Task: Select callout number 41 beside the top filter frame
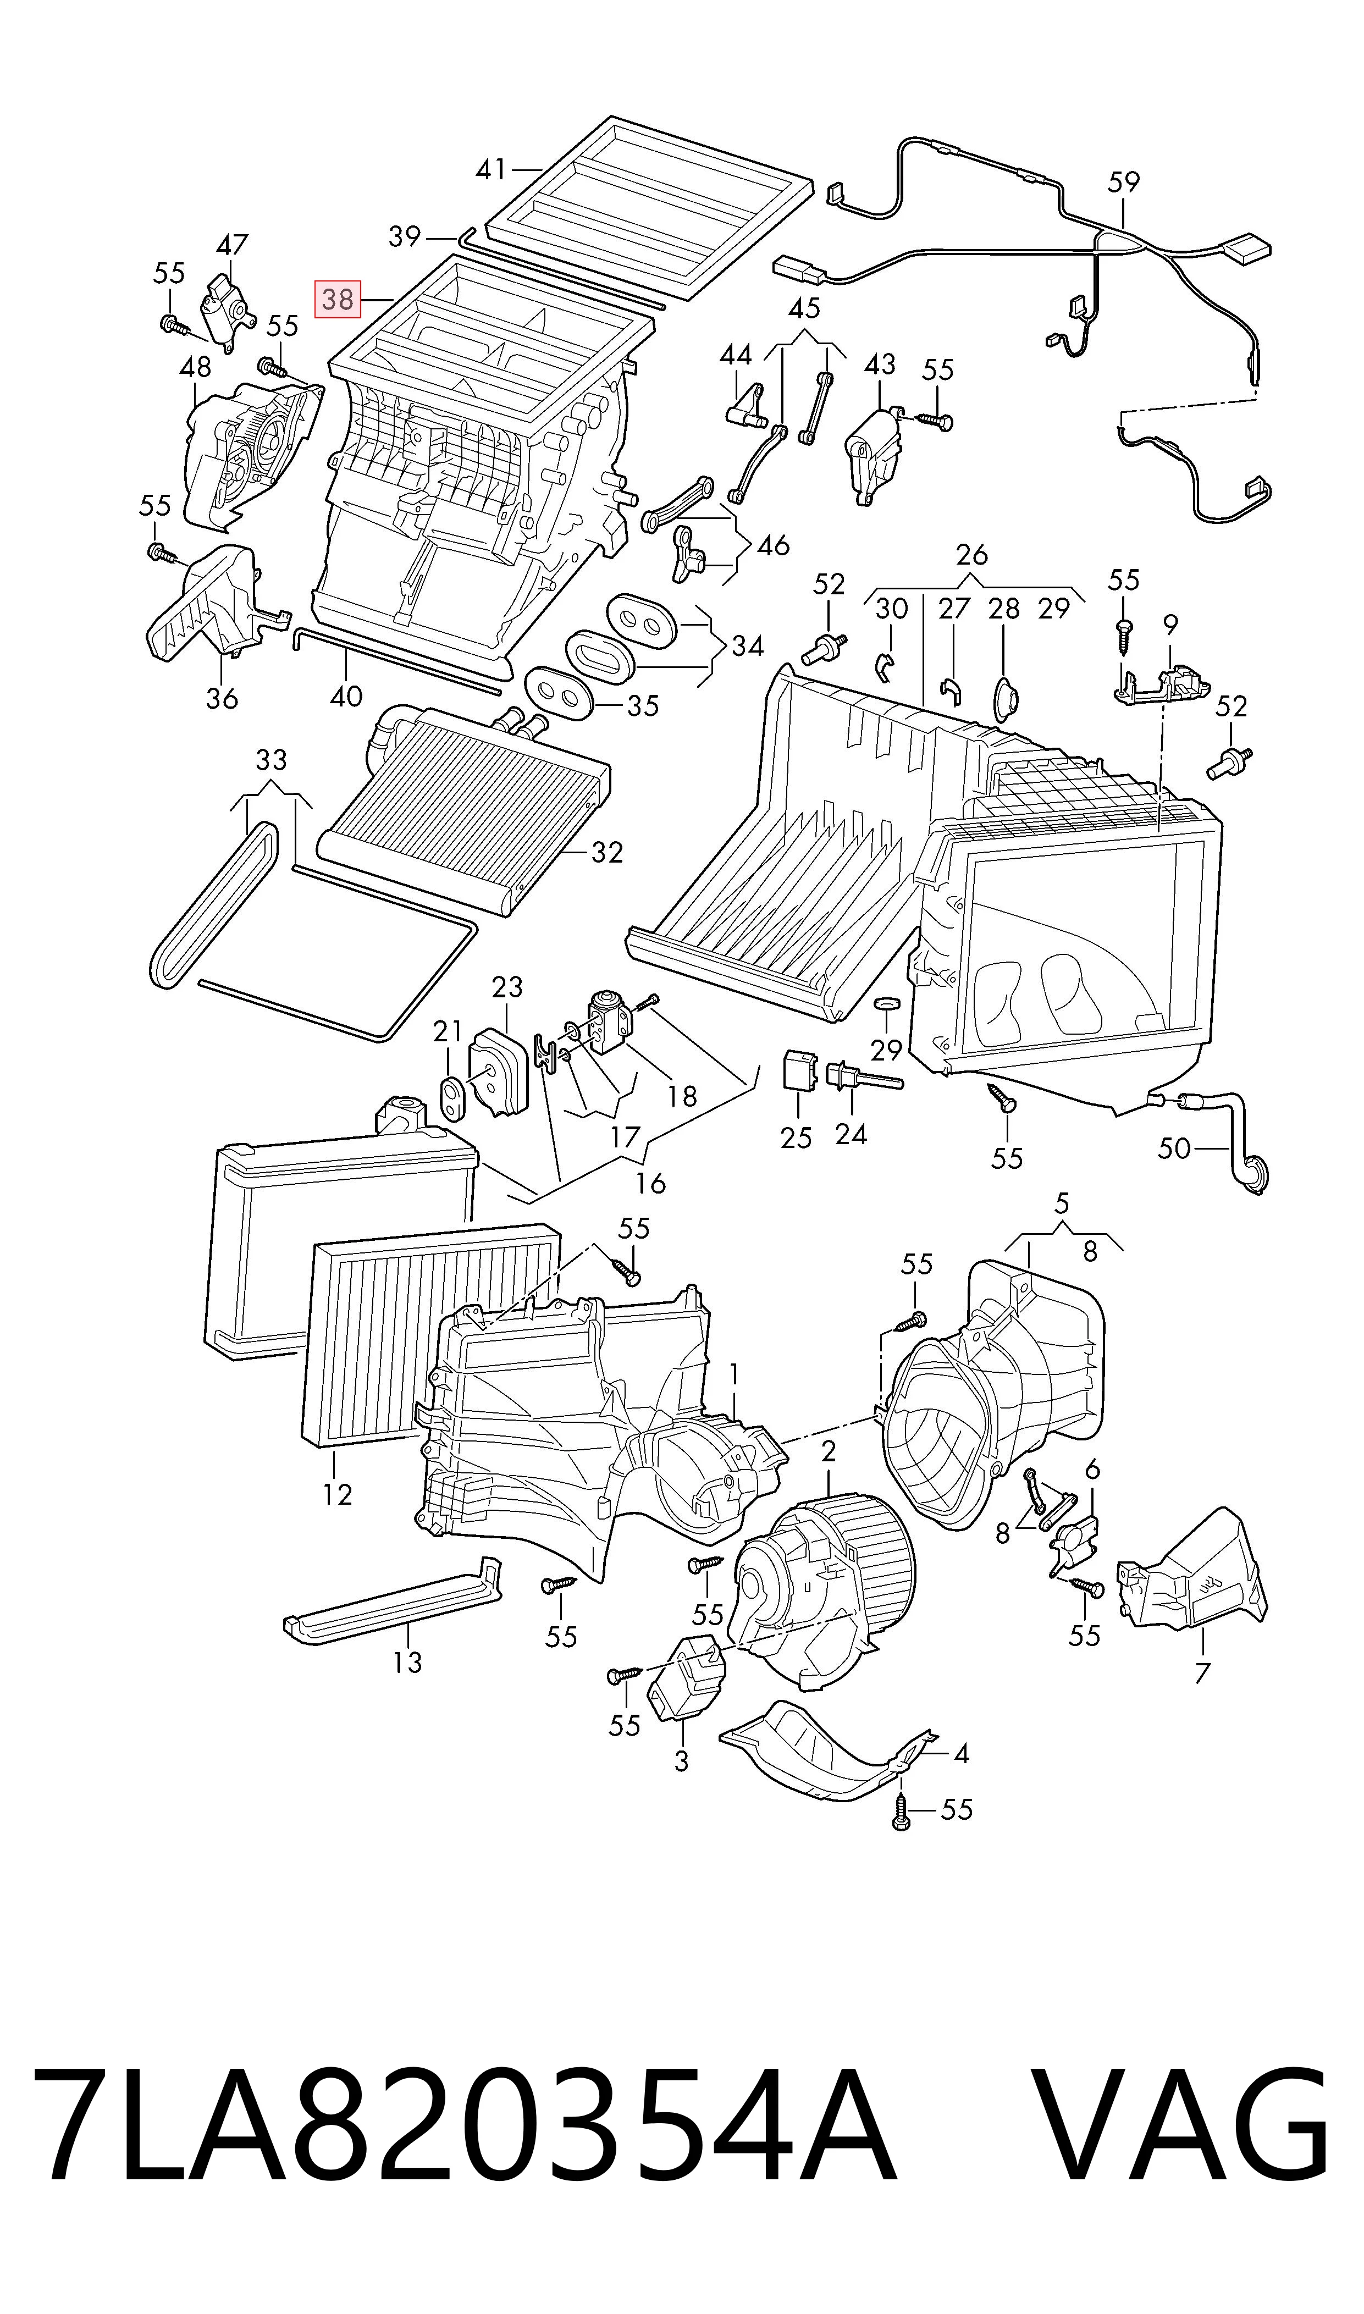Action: pyautogui.click(x=491, y=169)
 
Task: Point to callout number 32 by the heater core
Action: pyautogui.click(x=606, y=853)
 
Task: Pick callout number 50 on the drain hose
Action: pyautogui.click(x=1174, y=1148)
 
